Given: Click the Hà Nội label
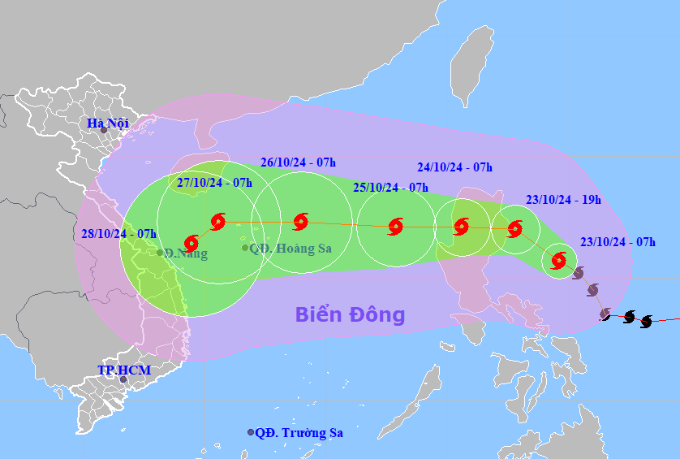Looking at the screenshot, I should click(108, 123).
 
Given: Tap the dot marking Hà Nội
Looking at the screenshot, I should click(104, 130).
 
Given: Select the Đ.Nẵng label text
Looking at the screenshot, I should click(186, 253).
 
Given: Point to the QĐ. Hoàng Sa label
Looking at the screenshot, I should click(291, 249).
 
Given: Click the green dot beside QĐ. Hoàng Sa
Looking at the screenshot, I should click(245, 248).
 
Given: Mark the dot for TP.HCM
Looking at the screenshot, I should click(123, 379).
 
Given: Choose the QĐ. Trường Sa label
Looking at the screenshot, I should click(299, 433).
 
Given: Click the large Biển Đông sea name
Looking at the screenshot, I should click(350, 314).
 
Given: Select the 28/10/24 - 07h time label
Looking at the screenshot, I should click(118, 233).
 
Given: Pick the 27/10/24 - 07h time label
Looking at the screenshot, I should click(214, 182).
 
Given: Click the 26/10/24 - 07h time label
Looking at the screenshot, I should click(299, 162).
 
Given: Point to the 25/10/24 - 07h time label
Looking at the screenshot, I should click(390, 187).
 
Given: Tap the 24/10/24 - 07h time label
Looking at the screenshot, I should click(454, 167).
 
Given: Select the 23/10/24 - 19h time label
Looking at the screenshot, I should click(562, 200).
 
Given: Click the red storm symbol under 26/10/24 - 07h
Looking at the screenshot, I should click(300, 221).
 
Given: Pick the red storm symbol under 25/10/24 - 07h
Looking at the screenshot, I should click(395, 226).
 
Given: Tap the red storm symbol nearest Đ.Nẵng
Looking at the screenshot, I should click(192, 242).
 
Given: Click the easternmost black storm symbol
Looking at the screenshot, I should click(646, 322).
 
